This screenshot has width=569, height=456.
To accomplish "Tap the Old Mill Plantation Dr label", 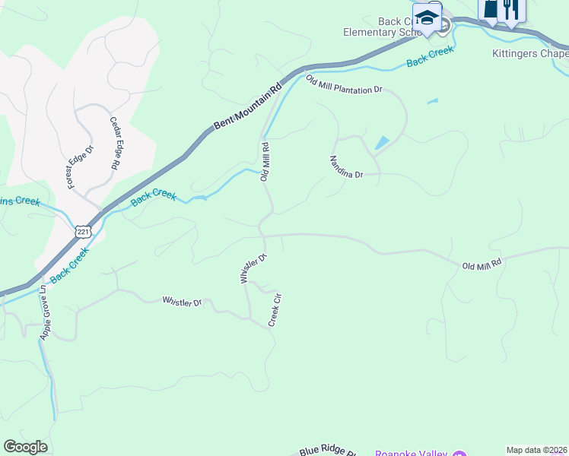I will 344,84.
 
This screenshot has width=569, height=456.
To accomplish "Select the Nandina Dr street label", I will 346,166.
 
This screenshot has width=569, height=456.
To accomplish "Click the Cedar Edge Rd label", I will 116,143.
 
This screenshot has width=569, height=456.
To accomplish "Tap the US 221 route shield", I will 83,230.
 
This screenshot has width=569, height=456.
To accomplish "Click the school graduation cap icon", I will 428,17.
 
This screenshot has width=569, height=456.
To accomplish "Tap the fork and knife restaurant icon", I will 511,9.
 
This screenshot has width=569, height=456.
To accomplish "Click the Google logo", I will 25,447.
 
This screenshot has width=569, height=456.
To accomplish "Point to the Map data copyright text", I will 537,450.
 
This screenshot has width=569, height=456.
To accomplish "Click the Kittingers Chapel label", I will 529,54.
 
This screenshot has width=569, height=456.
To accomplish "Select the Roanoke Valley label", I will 410,452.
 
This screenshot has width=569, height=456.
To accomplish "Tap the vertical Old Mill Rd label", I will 265,162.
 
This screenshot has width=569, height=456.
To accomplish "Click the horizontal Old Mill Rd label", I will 482,264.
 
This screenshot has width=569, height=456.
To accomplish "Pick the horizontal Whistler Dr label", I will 182,302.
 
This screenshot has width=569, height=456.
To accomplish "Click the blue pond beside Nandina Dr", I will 381,143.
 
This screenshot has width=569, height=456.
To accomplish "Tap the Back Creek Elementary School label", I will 380,27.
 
